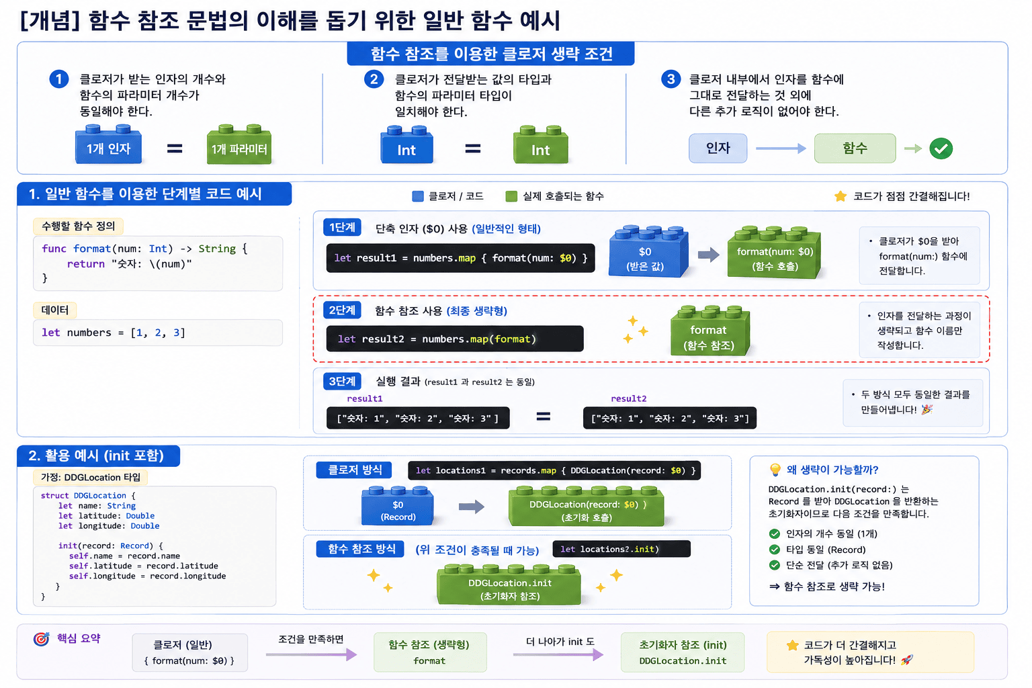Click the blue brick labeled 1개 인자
point(108,144)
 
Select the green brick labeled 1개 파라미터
point(239,144)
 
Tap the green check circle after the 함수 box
point(941,148)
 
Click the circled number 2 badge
point(374,79)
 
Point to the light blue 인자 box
point(718,148)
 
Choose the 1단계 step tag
point(342,228)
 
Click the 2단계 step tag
point(342,310)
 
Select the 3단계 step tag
point(342,381)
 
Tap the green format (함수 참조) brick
point(710,331)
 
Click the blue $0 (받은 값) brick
point(648,251)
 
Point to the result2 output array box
point(669,418)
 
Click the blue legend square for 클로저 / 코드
point(417,196)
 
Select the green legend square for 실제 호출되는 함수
point(511,196)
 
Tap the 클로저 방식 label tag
point(354,470)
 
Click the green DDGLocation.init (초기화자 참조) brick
point(509,585)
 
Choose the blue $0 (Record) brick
point(398,506)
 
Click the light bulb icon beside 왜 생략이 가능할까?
point(775,470)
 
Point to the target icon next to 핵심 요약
point(42,639)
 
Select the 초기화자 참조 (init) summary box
point(683,652)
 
